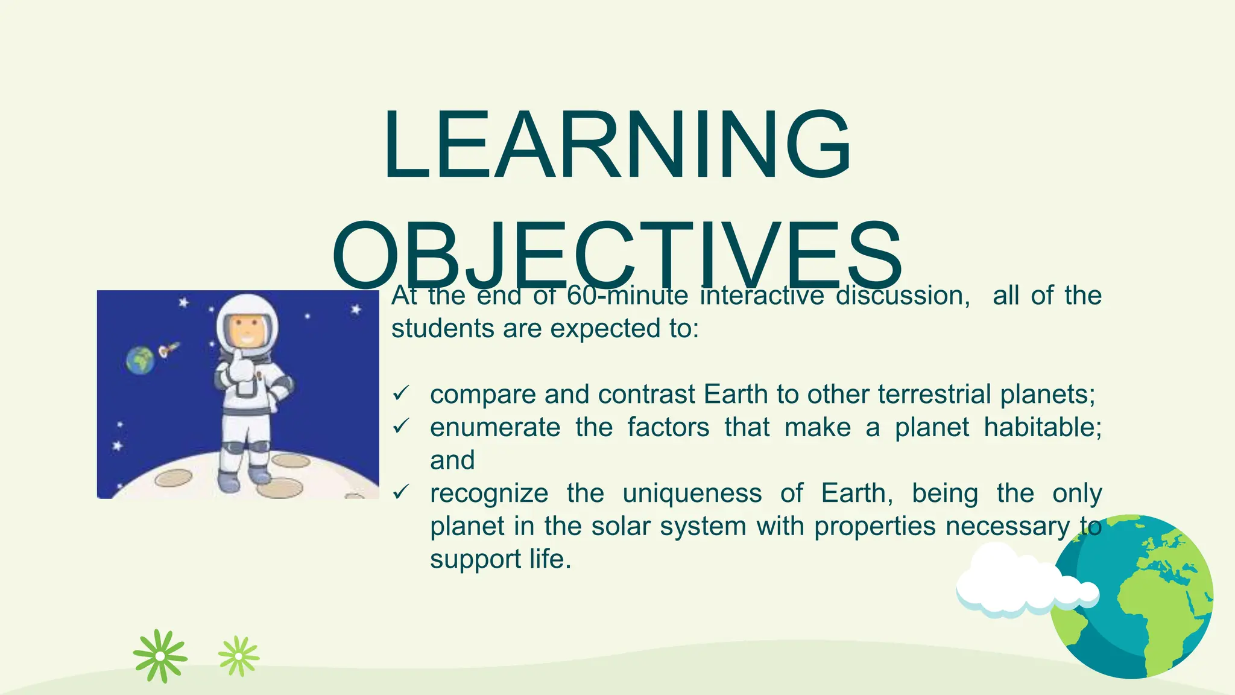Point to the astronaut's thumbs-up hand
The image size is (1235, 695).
(240, 366)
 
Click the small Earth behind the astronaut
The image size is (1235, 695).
(140, 360)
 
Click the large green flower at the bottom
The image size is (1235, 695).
(160, 656)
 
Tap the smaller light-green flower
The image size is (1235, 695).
(239, 656)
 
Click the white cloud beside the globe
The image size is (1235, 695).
(1019, 582)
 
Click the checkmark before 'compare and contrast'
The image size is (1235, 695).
(401, 394)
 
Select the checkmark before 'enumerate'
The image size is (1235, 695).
(401, 427)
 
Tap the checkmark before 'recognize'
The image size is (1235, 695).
(401, 493)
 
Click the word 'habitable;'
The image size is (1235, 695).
(1042, 427)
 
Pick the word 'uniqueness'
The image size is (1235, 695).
(692, 493)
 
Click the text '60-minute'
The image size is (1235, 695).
(627, 296)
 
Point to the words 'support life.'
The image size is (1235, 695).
(500, 559)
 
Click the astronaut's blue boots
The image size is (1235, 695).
(244, 480)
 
